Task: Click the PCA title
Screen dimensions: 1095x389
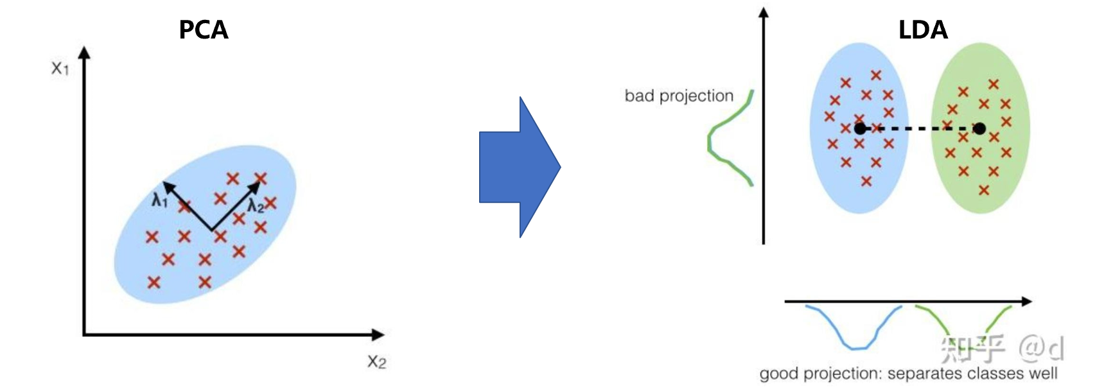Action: (x=203, y=30)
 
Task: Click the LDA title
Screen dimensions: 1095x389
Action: (x=922, y=30)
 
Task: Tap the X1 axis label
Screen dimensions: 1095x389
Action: (x=60, y=68)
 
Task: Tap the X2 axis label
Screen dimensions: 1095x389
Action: (x=376, y=361)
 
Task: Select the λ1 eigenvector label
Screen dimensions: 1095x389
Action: (x=159, y=201)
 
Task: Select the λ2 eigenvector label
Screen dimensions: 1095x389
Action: (x=256, y=206)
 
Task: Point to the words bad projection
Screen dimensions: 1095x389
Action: (x=679, y=96)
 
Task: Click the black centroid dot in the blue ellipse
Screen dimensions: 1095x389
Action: (x=860, y=128)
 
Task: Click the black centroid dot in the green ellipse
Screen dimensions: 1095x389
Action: (x=979, y=128)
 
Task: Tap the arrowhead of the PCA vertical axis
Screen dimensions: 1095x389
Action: (x=84, y=53)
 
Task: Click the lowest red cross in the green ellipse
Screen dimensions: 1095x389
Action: (x=984, y=190)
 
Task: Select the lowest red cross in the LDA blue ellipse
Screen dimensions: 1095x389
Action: (x=866, y=182)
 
